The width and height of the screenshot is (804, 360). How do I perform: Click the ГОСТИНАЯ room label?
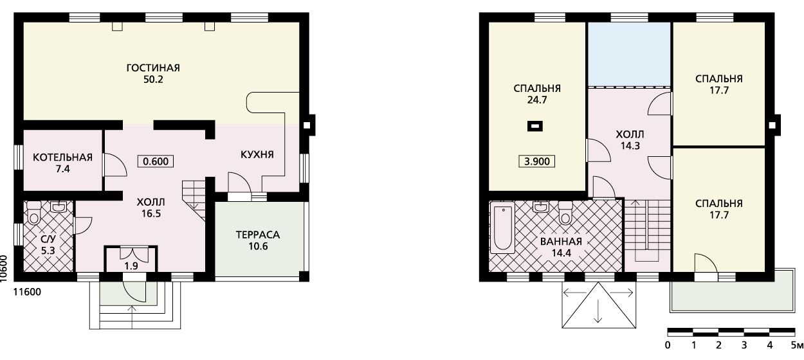pyautogui.click(x=153, y=67)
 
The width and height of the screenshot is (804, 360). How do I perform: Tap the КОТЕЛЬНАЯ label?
pyautogui.click(x=62, y=157)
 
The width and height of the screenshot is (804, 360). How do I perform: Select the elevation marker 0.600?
pyautogui.click(x=156, y=161)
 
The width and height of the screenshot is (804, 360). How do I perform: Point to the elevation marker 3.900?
pyautogui.click(x=537, y=161)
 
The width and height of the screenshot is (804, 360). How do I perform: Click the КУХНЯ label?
pyautogui.click(x=257, y=154)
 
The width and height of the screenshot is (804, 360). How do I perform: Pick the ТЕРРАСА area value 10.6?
pyautogui.click(x=258, y=246)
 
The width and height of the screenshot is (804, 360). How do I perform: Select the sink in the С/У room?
pyautogui.click(x=59, y=207)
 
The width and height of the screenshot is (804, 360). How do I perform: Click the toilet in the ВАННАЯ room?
pyautogui.click(x=565, y=213)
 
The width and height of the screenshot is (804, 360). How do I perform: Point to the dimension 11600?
pyautogui.click(x=27, y=292)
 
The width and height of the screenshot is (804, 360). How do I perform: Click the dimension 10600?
pyautogui.click(x=4, y=269)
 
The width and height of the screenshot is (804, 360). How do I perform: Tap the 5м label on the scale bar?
pyautogui.click(x=797, y=345)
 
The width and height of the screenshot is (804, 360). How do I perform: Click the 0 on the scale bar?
pyautogui.click(x=668, y=345)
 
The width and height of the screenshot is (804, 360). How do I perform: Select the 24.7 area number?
pyautogui.click(x=537, y=100)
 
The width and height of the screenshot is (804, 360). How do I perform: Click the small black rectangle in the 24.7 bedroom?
pyautogui.click(x=534, y=126)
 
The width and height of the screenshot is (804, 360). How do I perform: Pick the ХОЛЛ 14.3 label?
pyautogui.click(x=630, y=140)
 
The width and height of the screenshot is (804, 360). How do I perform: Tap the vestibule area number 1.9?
pyautogui.click(x=131, y=266)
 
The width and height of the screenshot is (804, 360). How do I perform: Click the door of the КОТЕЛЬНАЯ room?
pyautogui.click(x=115, y=165)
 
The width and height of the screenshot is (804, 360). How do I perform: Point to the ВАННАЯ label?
pyautogui.click(x=561, y=242)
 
